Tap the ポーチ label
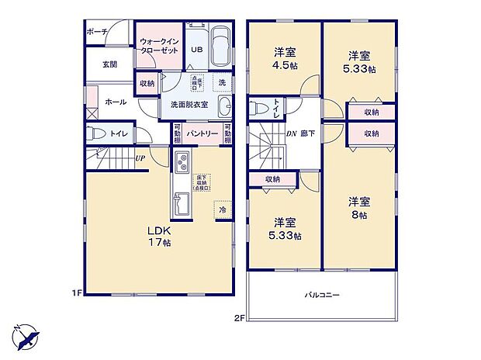click(96, 32)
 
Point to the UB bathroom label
click(196, 48)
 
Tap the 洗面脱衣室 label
click(183, 106)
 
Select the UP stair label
click(140, 160)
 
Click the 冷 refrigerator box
click(222, 209)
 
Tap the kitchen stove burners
click(184, 164)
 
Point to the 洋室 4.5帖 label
click(285, 59)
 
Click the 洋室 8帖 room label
click(358, 207)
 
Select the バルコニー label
click(320, 294)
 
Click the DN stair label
click(292, 133)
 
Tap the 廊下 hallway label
click(308, 133)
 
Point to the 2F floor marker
click(239, 317)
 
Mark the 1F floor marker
click(78, 292)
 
